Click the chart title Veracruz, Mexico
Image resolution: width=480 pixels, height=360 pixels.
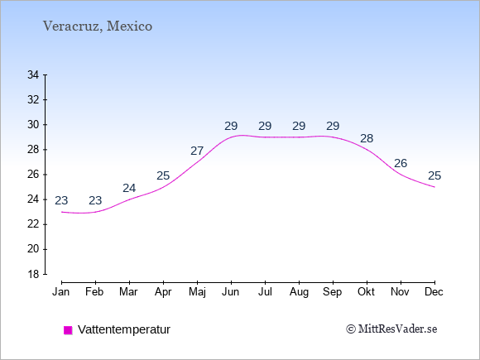click(98, 26)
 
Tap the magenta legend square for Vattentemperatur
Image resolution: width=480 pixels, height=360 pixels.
click(68, 330)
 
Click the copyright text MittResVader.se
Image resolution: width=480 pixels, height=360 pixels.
click(391, 329)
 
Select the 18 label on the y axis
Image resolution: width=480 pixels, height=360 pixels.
click(33, 274)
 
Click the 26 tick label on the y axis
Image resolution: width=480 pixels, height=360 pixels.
click(33, 175)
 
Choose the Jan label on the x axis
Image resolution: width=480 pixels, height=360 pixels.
click(61, 292)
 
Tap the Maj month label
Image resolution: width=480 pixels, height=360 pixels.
click(197, 292)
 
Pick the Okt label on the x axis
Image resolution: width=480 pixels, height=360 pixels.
click(366, 292)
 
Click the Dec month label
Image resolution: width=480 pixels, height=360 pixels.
click(434, 292)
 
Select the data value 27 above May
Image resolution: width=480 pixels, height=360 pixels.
click(197, 151)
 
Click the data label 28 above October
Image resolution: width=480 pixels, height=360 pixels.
click(367, 139)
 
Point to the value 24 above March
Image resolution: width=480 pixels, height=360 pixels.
click(129, 188)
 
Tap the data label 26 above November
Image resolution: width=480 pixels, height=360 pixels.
click(401, 164)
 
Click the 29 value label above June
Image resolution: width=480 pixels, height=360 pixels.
click(231, 126)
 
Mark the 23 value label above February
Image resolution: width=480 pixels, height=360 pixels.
click(95, 200)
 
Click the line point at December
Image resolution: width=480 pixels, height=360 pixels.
click(434, 187)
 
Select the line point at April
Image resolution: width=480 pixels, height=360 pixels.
click(163, 187)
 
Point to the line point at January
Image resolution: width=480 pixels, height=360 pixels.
click(61, 212)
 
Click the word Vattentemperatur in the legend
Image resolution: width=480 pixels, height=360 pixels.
click(124, 329)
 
